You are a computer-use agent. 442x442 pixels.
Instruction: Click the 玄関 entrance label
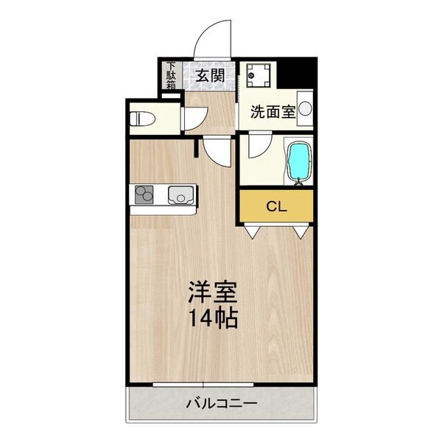point(210,75)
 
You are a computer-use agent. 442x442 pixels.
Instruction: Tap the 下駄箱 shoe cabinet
point(171,76)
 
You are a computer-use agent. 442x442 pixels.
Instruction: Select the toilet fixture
point(143,119)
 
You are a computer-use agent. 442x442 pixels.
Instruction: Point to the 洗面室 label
point(273,112)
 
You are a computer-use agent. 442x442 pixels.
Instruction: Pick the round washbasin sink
point(305,108)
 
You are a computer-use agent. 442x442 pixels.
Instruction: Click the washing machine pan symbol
point(257,74)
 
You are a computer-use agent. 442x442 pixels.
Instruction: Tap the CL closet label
point(276,207)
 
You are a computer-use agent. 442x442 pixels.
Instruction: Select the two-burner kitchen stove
point(144,194)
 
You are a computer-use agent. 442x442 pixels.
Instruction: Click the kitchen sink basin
point(180,194)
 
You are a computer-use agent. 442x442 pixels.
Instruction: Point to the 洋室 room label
point(213,292)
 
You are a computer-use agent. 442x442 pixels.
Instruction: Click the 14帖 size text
point(213,319)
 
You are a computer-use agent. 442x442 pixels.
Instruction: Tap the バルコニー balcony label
point(221,404)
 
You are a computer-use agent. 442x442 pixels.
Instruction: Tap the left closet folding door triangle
point(252,232)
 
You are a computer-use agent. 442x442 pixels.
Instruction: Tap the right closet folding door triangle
point(301,232)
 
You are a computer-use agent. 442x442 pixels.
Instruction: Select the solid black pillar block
point(297,73)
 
